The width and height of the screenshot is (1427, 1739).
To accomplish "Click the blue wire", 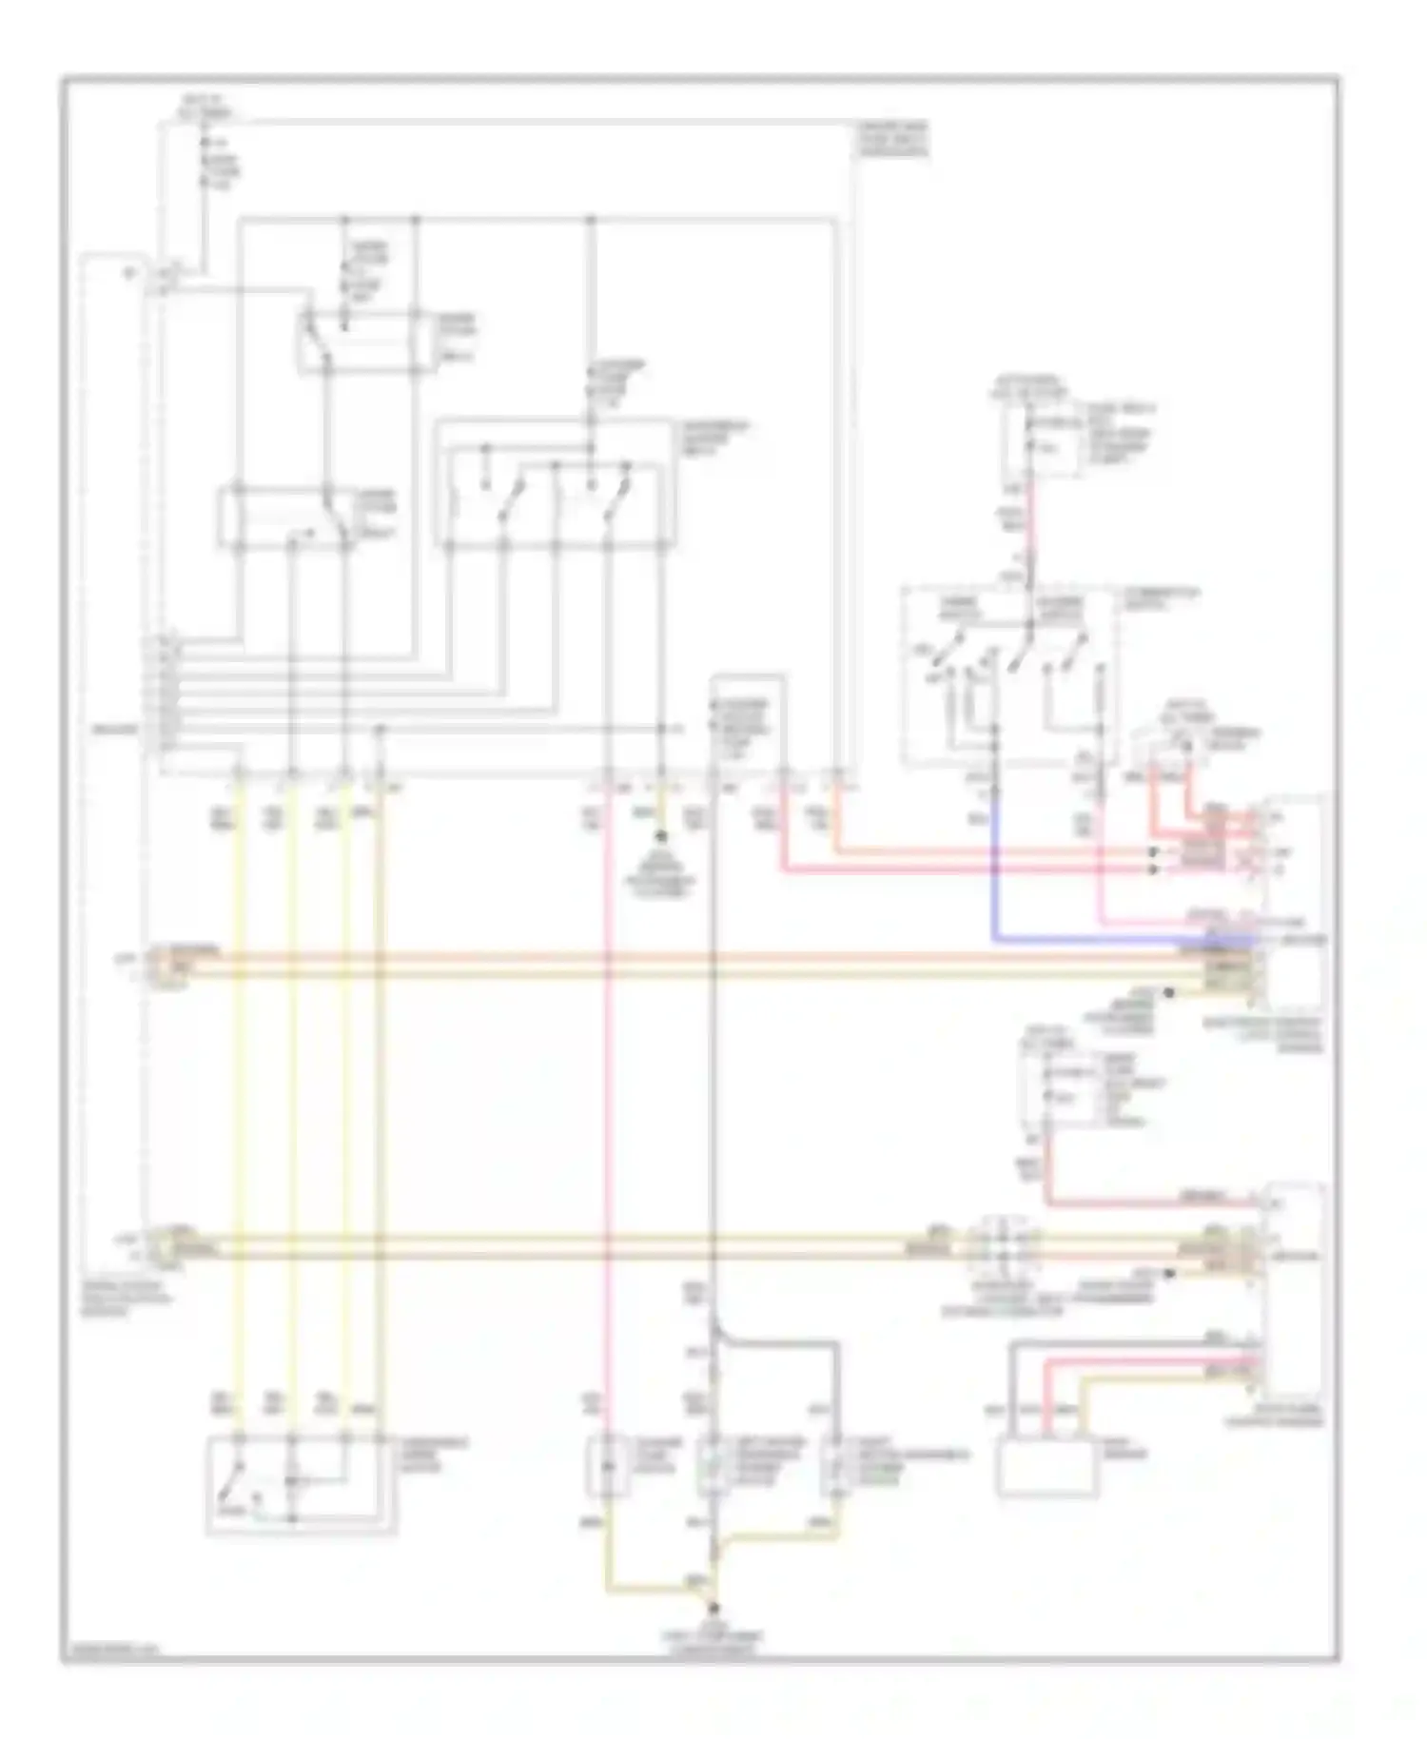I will [x=994, y=856].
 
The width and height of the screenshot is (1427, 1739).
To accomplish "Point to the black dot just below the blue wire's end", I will [x=1169, y=992].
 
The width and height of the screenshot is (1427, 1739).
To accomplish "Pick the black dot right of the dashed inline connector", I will [x=1170, y=1273].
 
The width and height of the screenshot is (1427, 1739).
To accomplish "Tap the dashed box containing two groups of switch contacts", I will [x=1008, y=675].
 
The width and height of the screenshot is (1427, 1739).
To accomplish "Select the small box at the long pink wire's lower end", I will [x=608, y=1466].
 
